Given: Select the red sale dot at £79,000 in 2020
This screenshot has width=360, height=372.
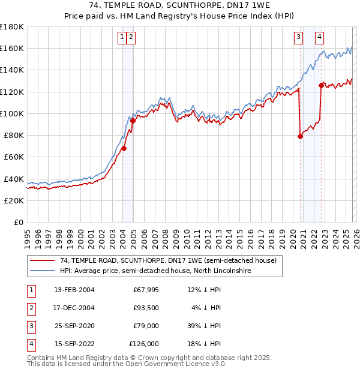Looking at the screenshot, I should point(300,136).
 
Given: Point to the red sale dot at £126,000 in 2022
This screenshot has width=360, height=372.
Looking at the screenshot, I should point(321,85).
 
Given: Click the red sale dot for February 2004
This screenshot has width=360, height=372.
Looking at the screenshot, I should point(124,148).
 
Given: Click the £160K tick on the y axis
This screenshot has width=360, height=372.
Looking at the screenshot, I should point(12,48).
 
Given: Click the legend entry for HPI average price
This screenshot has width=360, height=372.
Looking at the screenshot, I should point(155,271).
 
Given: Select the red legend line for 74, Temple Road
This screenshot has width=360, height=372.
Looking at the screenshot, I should point(42,261).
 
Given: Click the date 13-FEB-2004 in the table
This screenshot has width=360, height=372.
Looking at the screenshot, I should point(74,290).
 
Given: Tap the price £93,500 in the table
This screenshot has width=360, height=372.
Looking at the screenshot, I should point(146,308).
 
